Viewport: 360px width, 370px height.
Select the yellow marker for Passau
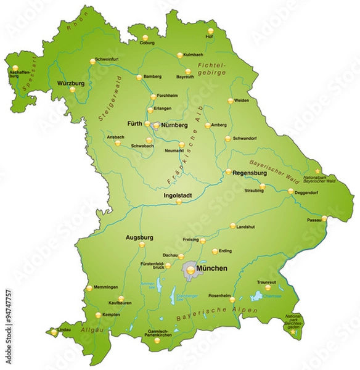(324, 218)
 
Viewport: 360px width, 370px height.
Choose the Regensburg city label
(250, 173)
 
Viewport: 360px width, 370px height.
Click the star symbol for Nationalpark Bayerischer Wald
(318, 171)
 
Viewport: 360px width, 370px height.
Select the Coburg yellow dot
(145, 37)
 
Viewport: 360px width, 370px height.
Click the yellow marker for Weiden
(231, 100)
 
